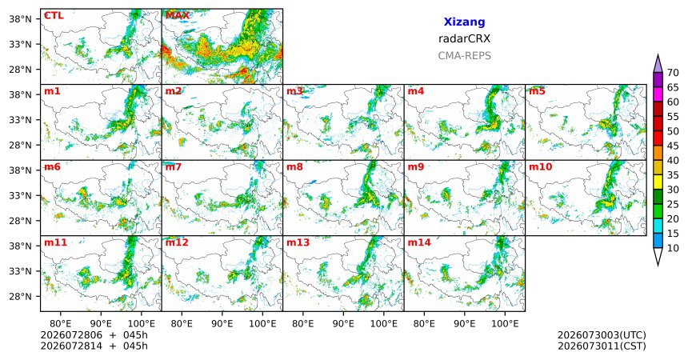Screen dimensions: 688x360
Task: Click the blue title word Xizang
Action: click(x=464, y=22)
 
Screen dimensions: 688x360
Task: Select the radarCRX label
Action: click(x=464, y=38)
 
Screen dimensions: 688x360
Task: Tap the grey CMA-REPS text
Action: click(x=464, y=56)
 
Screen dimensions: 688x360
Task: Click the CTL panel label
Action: click(x=54, y=15)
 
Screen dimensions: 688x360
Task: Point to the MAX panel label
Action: click(x=178, y=15)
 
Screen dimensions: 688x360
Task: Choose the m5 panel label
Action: click(x=537, y=91)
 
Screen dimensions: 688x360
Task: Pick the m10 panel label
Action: click(x=540, y=167)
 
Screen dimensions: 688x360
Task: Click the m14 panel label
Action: click(x=419, y=242)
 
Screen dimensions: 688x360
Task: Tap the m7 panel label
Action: click(x=174, y=167)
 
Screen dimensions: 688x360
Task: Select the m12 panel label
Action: click(x=177, y=242)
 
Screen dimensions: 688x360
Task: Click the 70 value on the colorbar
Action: click(x=673, y=73)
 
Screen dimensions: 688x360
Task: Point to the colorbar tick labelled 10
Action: click(x=673, y=248)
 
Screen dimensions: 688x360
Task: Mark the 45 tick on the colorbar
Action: click(x=673, y=146)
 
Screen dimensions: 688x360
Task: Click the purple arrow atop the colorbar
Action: click(x=658, y=64)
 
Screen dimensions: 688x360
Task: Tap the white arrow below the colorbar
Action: click(x=658, y=255)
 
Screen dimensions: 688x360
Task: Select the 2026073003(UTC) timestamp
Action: click(x=602, y=335)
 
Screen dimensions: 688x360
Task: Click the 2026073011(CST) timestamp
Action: click(x=602, y=346)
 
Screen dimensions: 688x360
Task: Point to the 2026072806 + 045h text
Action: click(x=94, y=335)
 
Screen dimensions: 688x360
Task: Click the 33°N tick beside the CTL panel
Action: click(x=21, y=44)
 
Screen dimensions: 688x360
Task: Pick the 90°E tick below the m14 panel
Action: click(x=465, y=323)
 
